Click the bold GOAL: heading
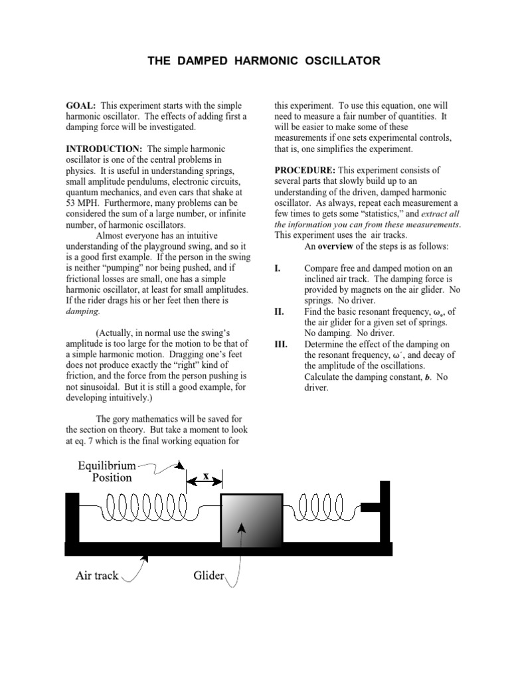[80, 106]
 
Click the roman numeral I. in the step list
[278, 269]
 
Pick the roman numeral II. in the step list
[280, 311]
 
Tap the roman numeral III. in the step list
[282, 343]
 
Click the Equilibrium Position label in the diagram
[106, 471]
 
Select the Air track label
[97, 575]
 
